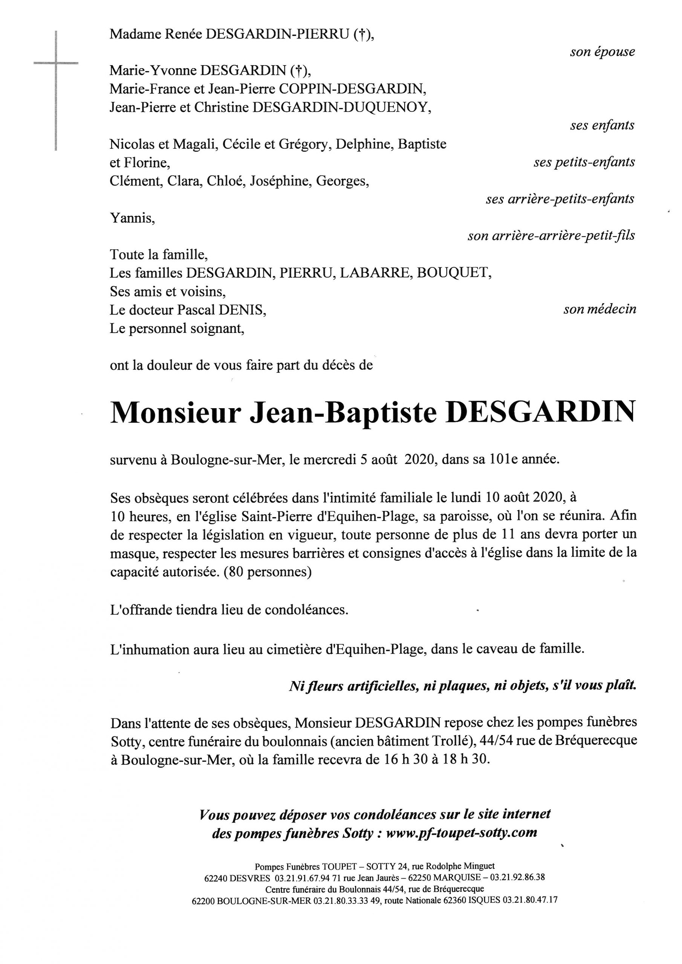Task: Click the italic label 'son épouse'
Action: [602, 52]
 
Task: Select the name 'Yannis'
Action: [132, 218]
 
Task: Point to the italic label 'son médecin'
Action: [599, 310]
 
